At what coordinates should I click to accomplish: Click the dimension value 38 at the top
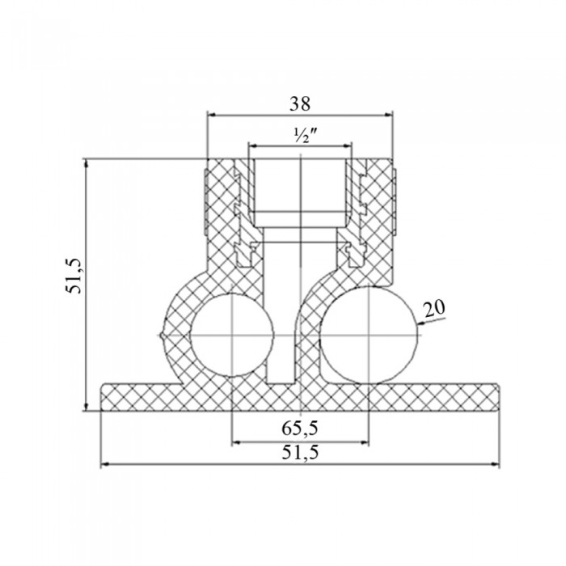[x=300, y=104]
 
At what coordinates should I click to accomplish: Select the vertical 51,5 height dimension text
[x=76, y=277]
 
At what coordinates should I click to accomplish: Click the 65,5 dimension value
[x=300, y=429]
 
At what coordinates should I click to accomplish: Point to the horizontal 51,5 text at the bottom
[x=300, y=452]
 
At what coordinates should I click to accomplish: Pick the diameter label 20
[x=435, y=309]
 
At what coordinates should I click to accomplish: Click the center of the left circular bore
[x=232, y=336]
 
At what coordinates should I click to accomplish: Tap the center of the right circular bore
[x=369, y=336]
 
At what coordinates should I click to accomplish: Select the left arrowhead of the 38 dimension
[x=212, y=115]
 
